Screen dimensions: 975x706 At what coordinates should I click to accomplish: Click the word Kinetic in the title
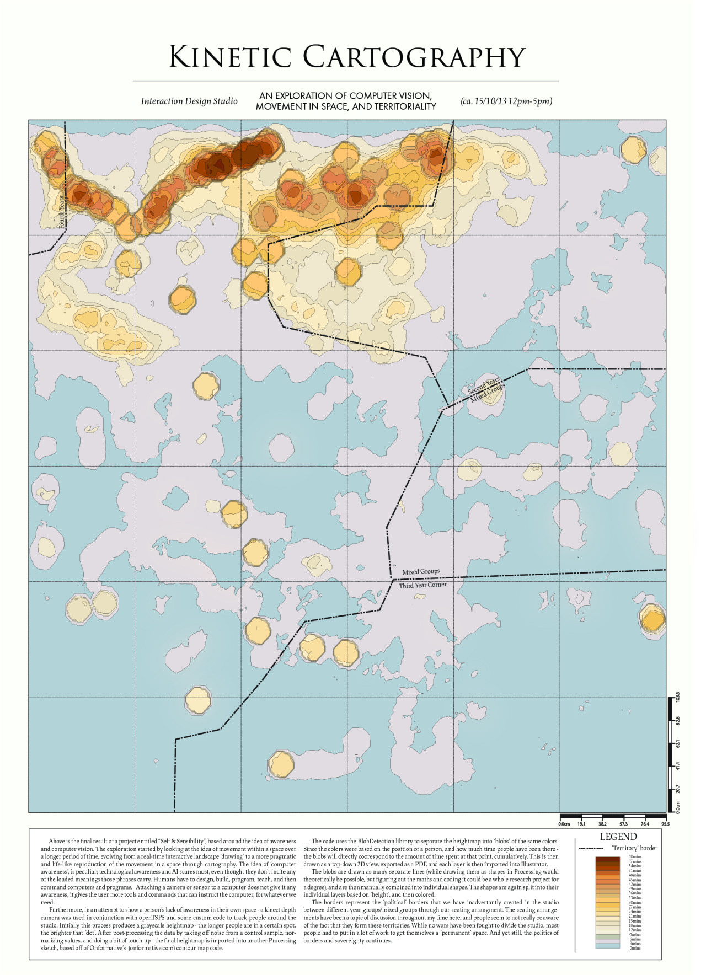(229, 57)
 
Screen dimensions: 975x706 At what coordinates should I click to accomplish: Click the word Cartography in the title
(414, 57)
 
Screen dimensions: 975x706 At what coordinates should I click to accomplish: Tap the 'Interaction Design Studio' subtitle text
(189, 101)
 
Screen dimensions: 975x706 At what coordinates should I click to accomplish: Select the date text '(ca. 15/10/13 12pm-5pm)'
(506, 101)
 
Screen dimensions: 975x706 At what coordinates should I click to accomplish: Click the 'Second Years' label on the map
(484, 385)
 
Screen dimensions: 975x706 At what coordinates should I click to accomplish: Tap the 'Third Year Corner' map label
(422, 585)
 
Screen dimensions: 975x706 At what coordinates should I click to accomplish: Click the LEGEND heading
(618, 837)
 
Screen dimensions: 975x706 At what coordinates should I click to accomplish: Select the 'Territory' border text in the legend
(634, 848)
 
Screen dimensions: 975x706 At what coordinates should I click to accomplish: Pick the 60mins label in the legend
(635, 857)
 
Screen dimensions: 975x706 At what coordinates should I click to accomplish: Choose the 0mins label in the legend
(635, 948)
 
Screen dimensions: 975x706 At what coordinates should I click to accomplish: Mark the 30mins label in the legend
(635, 902)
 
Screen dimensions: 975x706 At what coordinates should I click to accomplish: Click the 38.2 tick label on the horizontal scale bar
(602, 824)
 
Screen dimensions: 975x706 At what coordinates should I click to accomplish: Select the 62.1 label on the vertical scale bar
(678, 743)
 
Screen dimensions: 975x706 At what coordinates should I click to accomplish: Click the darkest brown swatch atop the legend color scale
(607, 859)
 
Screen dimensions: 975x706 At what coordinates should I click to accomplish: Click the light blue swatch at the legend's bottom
(607, 946)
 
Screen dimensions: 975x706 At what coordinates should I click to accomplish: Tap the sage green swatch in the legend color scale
(607, 936)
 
